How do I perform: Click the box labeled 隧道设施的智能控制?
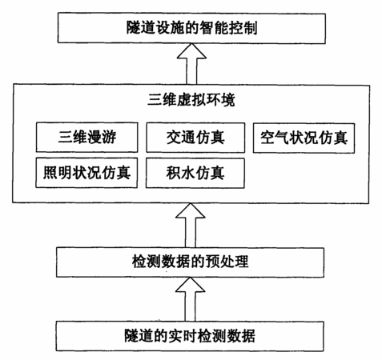coord(191,28)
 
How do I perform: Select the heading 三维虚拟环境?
coord(191,101)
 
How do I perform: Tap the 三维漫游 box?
coord(87,138)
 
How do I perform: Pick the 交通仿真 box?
coord(195,138)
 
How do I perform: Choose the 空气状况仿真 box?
coord(304,138)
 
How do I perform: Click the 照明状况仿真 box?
coord(86,173)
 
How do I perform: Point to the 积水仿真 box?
coord(195,173)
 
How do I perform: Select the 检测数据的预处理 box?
coord(190,262)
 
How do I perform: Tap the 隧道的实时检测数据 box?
coord(190,336)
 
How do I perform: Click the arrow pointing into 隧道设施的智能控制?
coord(191,64)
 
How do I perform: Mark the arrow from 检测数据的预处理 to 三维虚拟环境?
coord(191,226)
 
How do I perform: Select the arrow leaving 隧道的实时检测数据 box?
coord(190,299)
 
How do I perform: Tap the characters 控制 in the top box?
coord(243,28)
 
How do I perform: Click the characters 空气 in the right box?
coord(275,138)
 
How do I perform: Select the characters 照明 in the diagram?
coord(58,173)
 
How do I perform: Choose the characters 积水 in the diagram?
coord(180,173)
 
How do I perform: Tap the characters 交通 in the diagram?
coord(181,138)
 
